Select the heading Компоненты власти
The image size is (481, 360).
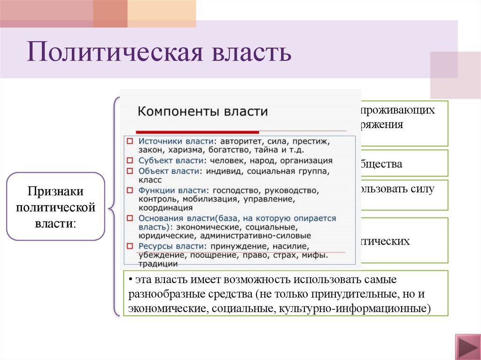[x=202, y=112]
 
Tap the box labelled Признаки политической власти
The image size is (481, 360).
[x=55, y=207]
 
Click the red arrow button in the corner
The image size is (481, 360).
[x=466, y=348]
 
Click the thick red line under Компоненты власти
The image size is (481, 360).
[x=197, y=132]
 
